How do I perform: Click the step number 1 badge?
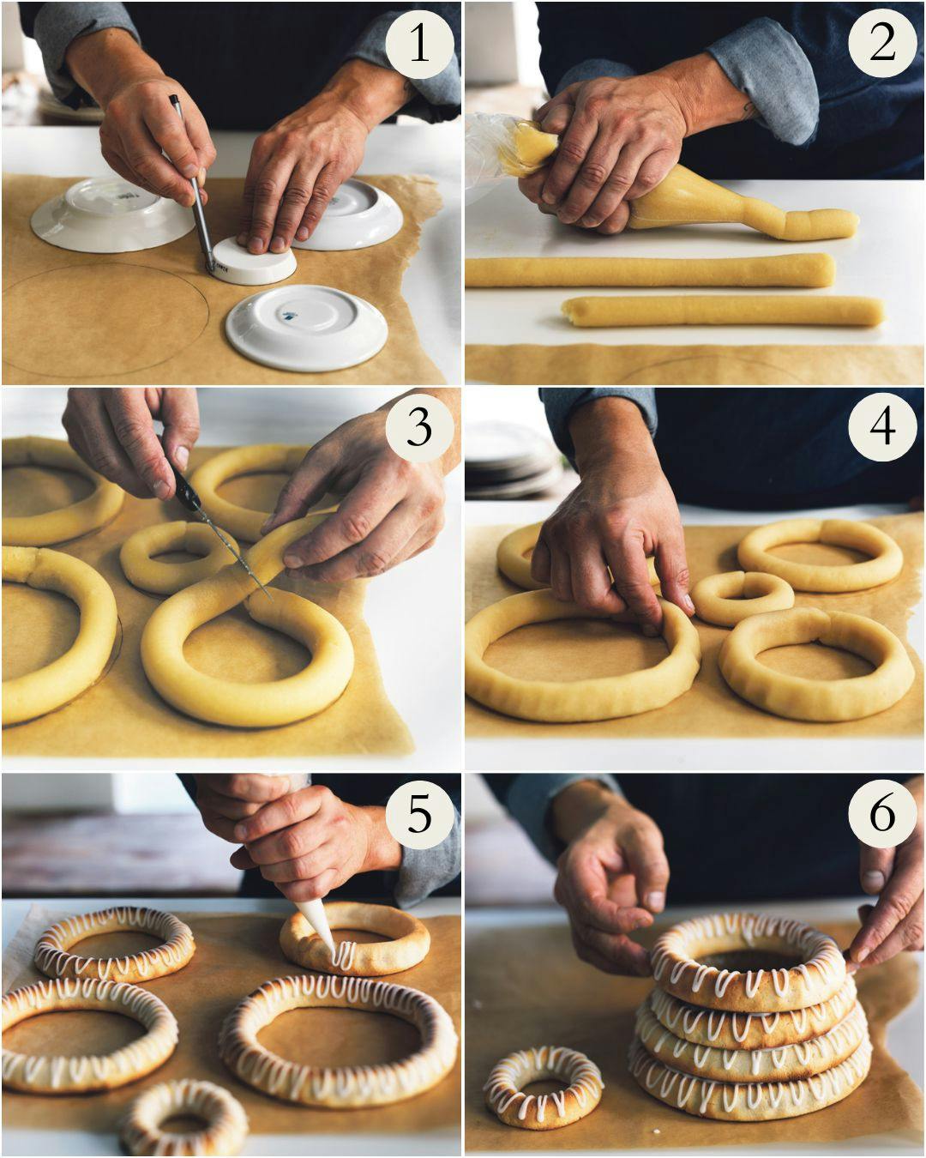pyautogui.click(x=418, y=43)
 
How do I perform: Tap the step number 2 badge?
pyautogui.click(x=882, y=43)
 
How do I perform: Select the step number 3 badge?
pyautogui.click(x=418, y=426)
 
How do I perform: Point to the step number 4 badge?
pyautogui.click(x=882, y=426)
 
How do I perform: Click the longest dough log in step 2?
pyautogui.click(x=649, y=271)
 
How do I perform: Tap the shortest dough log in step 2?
pyautogui.click(x=723, y=311)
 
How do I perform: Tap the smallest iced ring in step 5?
pyautogui.click(x=181, y=1119)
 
